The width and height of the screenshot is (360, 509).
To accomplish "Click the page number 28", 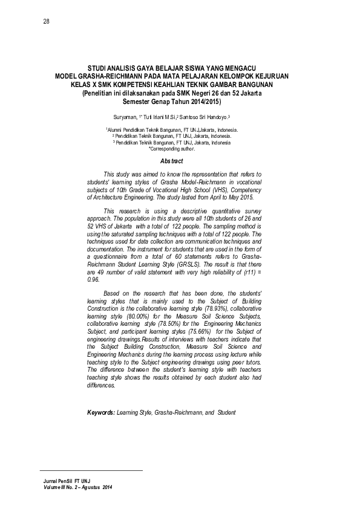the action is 46,22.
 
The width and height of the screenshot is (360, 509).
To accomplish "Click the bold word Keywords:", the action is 101,412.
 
